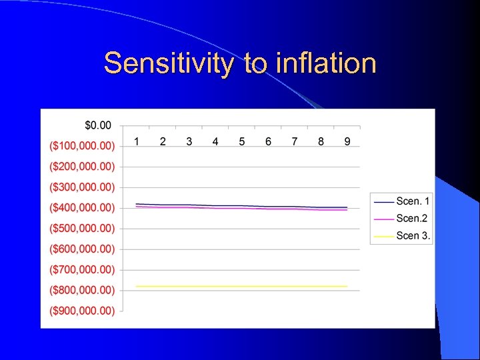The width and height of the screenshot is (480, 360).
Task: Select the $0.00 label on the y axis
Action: point(98,125)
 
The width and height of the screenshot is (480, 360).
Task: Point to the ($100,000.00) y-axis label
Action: point(81,145)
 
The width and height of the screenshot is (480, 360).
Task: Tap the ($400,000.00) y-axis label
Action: point(81,207)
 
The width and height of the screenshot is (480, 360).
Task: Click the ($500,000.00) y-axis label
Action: point(81,228)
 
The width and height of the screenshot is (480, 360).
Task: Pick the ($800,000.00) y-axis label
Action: point(81,290)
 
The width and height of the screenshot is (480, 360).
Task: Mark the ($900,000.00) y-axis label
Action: point(81,311)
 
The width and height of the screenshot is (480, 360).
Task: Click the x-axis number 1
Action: point(137,141)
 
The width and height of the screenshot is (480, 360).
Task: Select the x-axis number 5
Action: point(242,141)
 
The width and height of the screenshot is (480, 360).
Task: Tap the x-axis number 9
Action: point(347,141)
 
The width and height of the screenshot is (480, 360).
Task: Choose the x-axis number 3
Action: point(189,141)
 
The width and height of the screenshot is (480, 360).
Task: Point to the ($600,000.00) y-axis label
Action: point(81,249)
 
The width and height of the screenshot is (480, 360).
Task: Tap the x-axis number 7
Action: point(295,141)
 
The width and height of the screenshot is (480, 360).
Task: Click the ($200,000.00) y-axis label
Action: point(81,166)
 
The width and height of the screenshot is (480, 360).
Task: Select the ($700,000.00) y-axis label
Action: point(81,269)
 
